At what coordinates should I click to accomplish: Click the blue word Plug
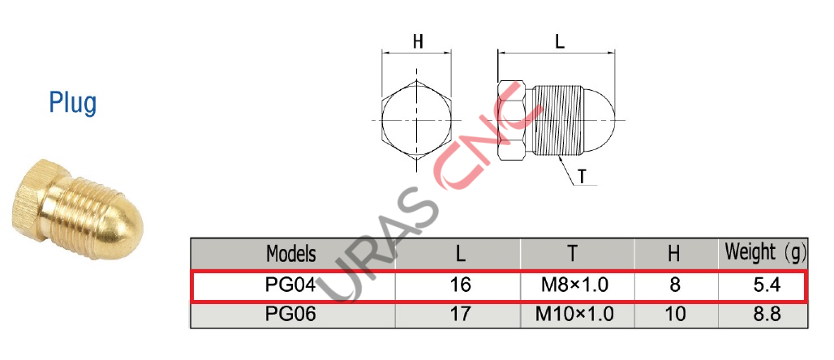[x=72, y=103]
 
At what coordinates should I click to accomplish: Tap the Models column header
[x=291, y=254]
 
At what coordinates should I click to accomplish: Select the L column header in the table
[x=460, y=254]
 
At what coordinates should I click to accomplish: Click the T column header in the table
[x=573, y=254]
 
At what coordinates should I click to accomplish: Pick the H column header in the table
[x=673, y=254]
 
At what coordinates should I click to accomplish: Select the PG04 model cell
[x=291, y=285]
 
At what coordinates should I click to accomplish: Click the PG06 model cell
[x=291, y=315]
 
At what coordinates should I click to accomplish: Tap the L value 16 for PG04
[x=460, y=285]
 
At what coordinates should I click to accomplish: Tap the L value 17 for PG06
[x=460, y=315]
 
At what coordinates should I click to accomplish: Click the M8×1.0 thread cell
[x=574, y=285]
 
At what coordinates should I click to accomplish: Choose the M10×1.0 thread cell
[x=574, y=315]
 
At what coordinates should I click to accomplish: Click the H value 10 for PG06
[x=673, y=315]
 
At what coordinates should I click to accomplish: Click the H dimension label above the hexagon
[x=418, y=41]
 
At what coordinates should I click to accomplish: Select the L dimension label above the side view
[x=559, y=41]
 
